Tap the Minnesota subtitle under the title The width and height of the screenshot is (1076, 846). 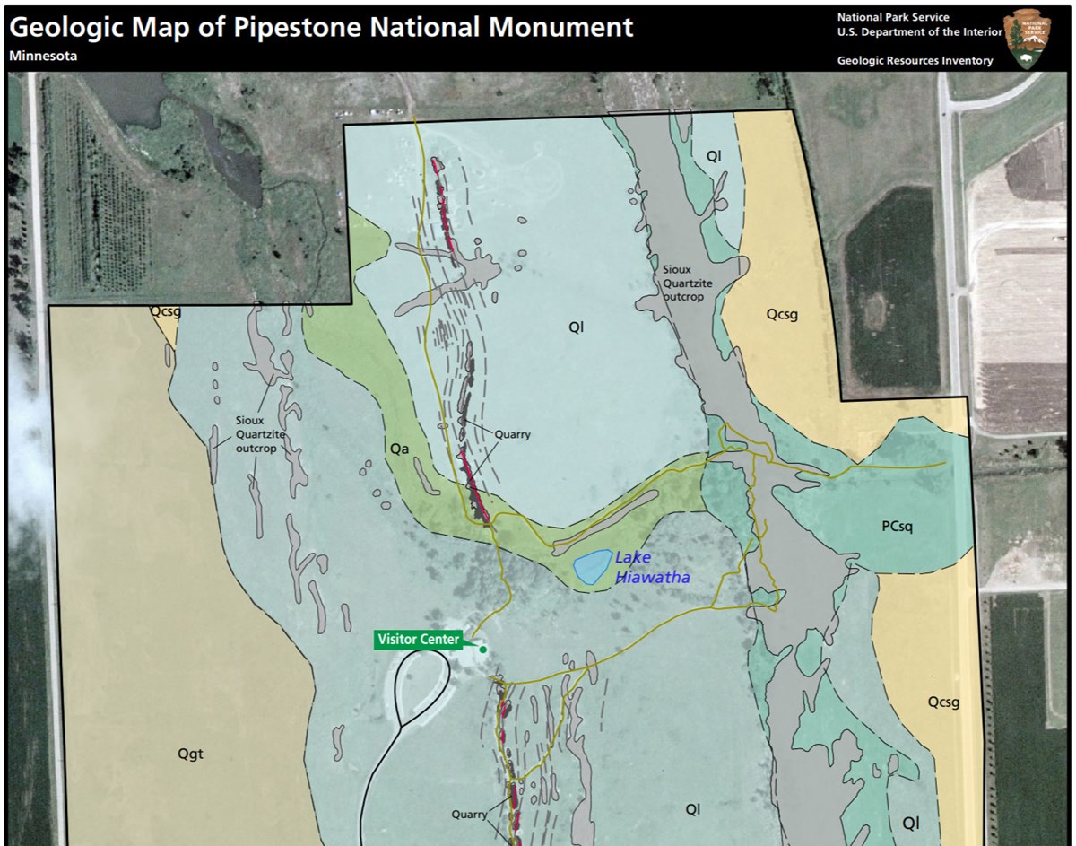[43, 56]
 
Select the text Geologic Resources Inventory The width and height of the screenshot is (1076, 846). [915, 61]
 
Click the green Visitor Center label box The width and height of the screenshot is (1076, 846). [419, 640]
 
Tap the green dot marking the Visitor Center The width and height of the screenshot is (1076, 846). [482, 649]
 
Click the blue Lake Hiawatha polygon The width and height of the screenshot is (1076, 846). [588, 568]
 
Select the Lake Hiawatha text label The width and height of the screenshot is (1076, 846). [652, 568]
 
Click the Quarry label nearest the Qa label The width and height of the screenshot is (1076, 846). [513, 434]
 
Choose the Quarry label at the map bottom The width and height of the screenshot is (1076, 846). [468, 815]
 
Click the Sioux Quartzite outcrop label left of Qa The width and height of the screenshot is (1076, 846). [256, 432]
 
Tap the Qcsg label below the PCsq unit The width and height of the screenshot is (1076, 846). [943, 702]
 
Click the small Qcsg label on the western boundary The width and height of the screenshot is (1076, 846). [165, 312]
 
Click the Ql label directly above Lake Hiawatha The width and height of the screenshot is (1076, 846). [576, 327]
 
